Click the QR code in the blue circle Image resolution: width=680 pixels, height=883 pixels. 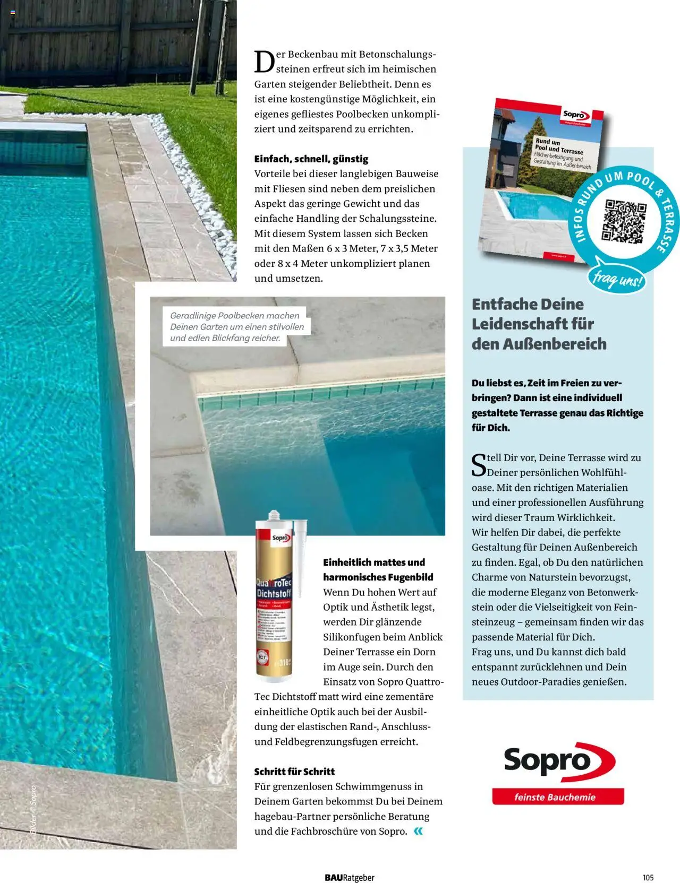[624, 221]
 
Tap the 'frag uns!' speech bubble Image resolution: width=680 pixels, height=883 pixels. [616, 278]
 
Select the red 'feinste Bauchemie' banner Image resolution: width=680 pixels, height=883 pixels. [558, 797]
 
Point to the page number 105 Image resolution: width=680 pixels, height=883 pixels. [648, 877]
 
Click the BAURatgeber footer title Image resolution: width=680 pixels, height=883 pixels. [350, 877]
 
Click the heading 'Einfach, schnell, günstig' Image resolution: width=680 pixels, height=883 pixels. [311, 159]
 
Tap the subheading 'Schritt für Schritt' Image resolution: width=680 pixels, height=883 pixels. [294, 771]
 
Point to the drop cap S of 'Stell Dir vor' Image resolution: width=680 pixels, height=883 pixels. [479, 464]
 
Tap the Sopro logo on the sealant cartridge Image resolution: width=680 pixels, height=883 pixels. [280, 538]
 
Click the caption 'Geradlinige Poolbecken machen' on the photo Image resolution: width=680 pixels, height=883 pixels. [235, 316]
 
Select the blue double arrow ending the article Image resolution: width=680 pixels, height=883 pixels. [418, 831]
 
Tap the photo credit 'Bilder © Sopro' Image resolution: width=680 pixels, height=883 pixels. [33, 809]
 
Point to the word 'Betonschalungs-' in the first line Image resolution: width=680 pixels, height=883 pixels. [397, 54]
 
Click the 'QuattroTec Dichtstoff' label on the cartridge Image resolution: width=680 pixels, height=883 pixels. [274, 587]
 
